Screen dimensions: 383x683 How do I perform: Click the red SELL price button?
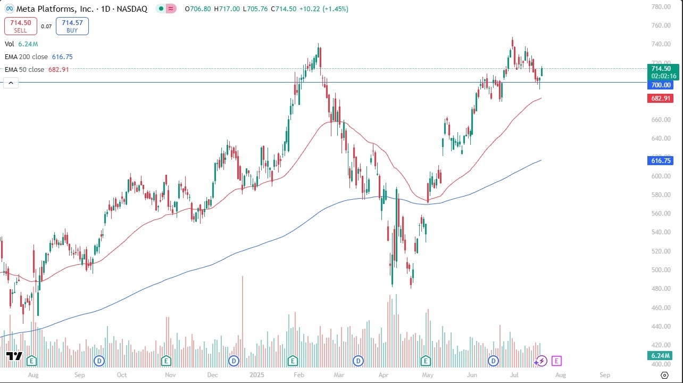coord(20,26)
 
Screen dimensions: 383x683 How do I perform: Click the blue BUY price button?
coord(72,26)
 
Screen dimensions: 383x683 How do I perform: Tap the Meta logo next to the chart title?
coord(10,9)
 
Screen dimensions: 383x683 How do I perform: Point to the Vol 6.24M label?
coord(21,44)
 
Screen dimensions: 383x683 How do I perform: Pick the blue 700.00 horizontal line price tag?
coord(660,85)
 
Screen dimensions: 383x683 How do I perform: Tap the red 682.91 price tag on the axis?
coord(660,99)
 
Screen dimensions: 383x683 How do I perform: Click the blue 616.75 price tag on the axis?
coord(660,160)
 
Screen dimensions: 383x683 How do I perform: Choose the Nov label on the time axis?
coord(171,374)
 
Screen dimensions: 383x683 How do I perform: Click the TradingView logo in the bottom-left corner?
coord(14,356)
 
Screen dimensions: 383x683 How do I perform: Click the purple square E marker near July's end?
coord(556,361)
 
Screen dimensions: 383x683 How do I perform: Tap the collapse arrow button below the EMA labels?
coord(11,83)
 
